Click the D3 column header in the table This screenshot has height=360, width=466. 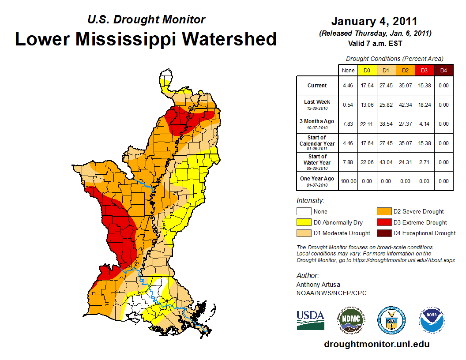click(424, 70)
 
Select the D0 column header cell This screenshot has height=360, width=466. click(367, 70)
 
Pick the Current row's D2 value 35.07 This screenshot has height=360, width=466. click(405, 86)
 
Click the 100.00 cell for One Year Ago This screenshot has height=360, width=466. click(348, 181)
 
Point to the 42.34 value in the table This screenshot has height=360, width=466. click(405, 105)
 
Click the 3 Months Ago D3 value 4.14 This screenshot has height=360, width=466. click(424, 124)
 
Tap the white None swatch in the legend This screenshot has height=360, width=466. click(304, 211)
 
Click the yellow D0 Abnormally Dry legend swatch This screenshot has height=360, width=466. click(304, 222)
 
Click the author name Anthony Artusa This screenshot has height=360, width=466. click(318, 285)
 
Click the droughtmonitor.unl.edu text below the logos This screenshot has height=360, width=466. click(376, 344)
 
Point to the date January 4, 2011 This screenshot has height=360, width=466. click(374, 22)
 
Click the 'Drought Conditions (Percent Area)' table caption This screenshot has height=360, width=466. click(395, 59)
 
